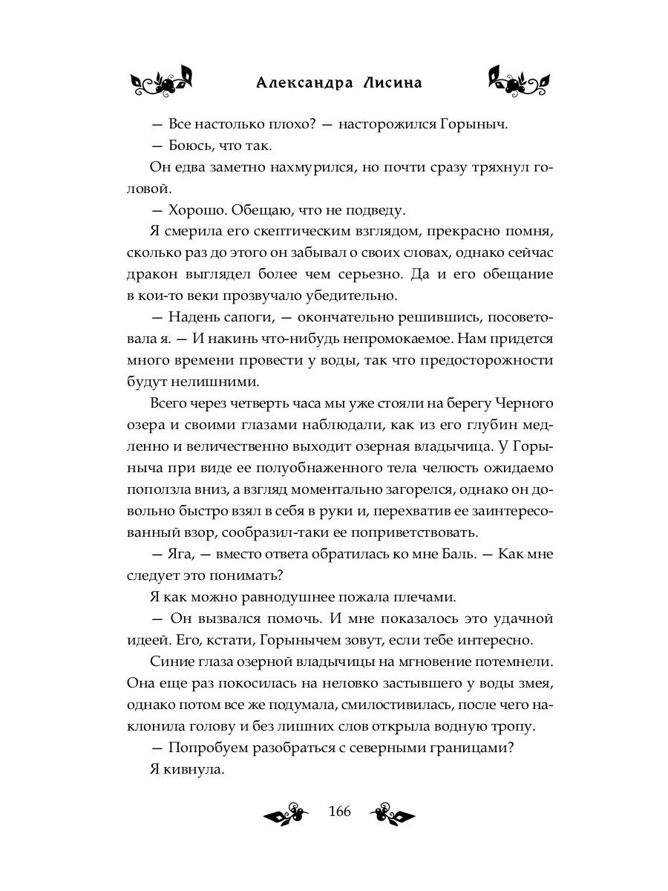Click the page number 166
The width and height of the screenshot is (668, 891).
pos(338,811)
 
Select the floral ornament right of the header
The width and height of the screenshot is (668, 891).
pos(519,81)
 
